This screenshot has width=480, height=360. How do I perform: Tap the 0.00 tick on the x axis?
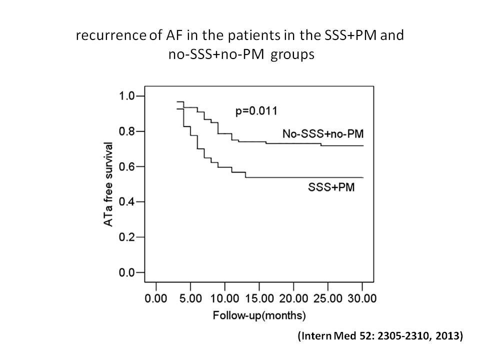[x=156, y=299]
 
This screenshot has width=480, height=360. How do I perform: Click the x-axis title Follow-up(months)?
[x=259, y=316]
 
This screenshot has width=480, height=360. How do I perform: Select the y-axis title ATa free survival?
[x=107, y=184]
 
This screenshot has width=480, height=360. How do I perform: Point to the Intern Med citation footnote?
[x=380, y=336]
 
